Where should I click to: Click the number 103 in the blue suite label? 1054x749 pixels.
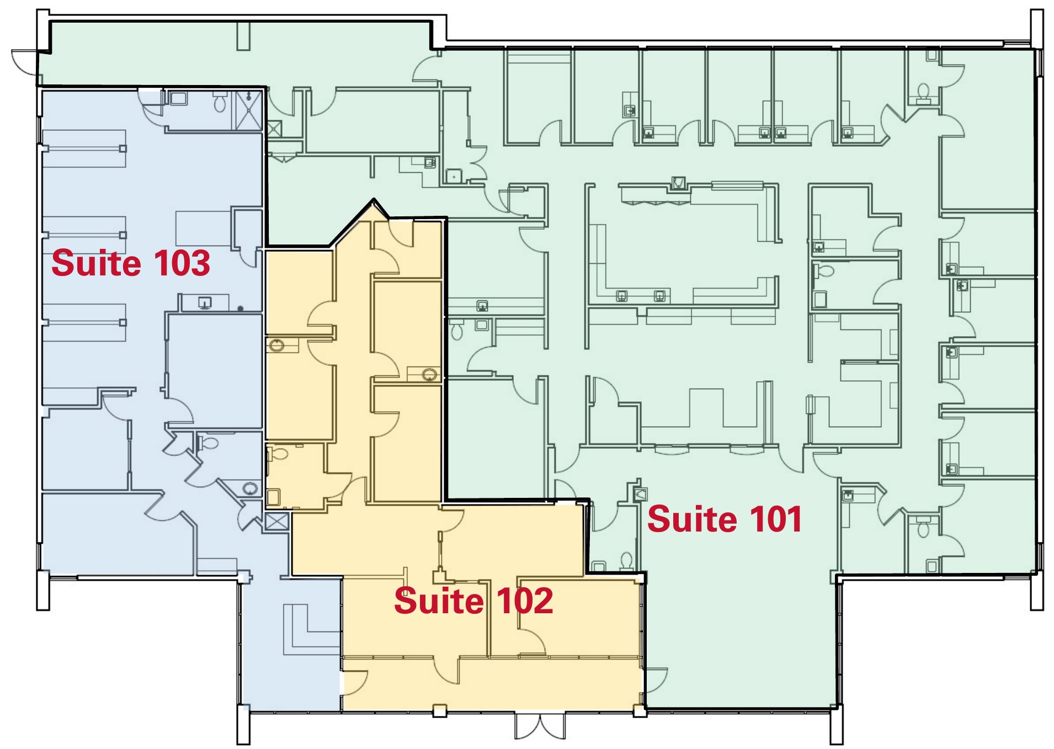pos(182,263)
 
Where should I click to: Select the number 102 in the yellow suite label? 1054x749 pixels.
pos(524,601)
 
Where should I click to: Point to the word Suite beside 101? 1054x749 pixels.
pos(693,519)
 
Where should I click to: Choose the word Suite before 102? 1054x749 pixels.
pos(439,601)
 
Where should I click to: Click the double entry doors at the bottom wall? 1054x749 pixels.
pos(540,726)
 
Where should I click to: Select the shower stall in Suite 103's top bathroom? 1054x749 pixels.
pos(249,110)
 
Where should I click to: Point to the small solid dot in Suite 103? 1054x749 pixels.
pos(241,309)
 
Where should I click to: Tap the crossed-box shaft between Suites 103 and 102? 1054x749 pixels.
pos(276,522)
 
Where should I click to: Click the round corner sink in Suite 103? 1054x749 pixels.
pos(251,488)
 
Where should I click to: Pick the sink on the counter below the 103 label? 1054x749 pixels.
pos(205,302)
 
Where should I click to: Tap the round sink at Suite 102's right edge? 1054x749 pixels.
pos(429,375)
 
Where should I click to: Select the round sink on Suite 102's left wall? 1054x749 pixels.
pos(276,346)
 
